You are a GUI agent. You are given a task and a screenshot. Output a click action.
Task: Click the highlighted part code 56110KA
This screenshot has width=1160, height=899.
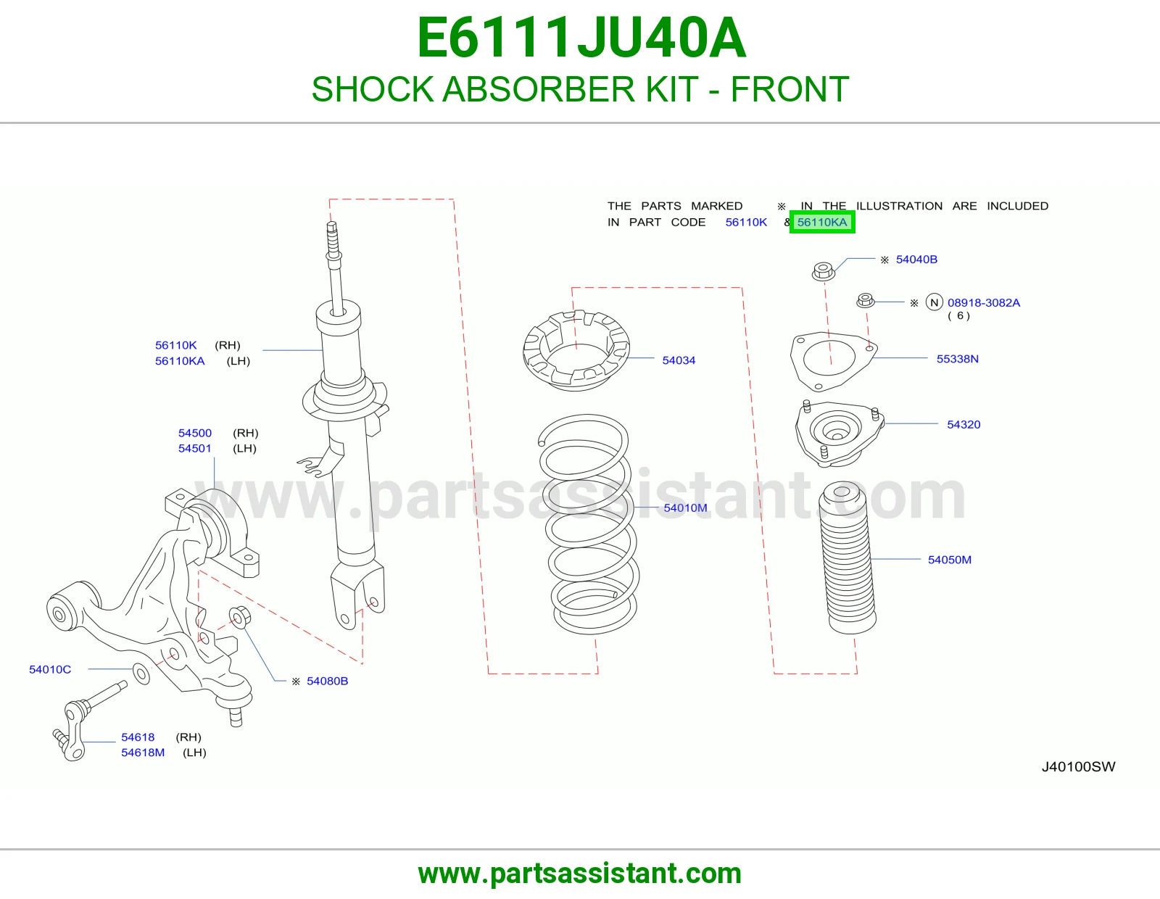(x=822, y=222)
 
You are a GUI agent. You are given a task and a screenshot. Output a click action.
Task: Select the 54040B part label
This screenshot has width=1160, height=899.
(x=916, y=260)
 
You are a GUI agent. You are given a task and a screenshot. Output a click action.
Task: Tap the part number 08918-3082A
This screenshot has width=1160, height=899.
(x=984, y=303)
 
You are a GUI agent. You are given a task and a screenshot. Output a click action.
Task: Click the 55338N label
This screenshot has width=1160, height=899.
(x=958, y=359)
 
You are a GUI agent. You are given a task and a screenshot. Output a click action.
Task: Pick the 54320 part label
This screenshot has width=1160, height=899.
(x=964, y=424)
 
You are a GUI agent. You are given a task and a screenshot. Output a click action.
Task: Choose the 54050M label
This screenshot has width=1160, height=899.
(x=950, y=560)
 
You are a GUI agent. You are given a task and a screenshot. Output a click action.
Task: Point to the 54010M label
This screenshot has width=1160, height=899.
(x=685, y=507)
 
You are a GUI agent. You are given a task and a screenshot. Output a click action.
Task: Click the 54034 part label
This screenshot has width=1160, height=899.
(x=679, y=360)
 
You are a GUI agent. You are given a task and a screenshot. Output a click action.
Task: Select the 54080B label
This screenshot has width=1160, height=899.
(x=327, y=681)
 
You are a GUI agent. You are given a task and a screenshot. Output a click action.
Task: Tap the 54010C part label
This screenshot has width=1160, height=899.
(x=50, y=669)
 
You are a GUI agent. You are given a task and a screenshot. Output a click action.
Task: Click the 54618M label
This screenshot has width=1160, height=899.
(x=143, y=753)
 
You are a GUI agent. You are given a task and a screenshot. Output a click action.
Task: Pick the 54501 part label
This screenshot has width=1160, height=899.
(x=195, y=449)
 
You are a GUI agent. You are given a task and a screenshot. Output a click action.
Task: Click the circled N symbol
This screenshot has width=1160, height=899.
(x=935, y=303)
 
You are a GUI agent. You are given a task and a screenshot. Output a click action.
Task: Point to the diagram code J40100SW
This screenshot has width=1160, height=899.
(x=1078, y=766)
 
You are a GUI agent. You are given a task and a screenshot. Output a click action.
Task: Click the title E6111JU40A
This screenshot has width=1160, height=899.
(x=581, y=38)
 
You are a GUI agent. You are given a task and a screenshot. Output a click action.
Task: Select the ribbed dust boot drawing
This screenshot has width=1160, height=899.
(x=848, y=558)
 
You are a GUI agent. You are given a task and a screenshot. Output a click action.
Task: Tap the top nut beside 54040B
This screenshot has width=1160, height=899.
(x=823, y=271)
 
